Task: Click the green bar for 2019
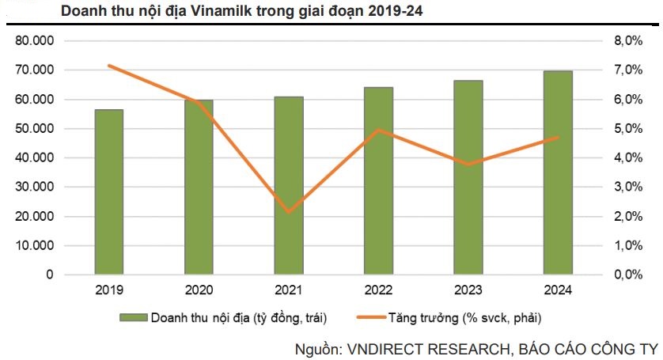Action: [x=109, y=191]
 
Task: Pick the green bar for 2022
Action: [x=379, y=180]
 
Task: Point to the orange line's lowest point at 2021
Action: [x=289, y=212]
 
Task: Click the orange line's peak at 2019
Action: [x=109, y=66]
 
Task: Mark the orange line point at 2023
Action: [x=468, y=165]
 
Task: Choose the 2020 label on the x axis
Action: [x=199, y=290]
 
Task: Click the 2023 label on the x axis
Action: [x=468, y=290]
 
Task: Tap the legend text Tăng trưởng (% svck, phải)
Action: [x=464, y=318]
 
